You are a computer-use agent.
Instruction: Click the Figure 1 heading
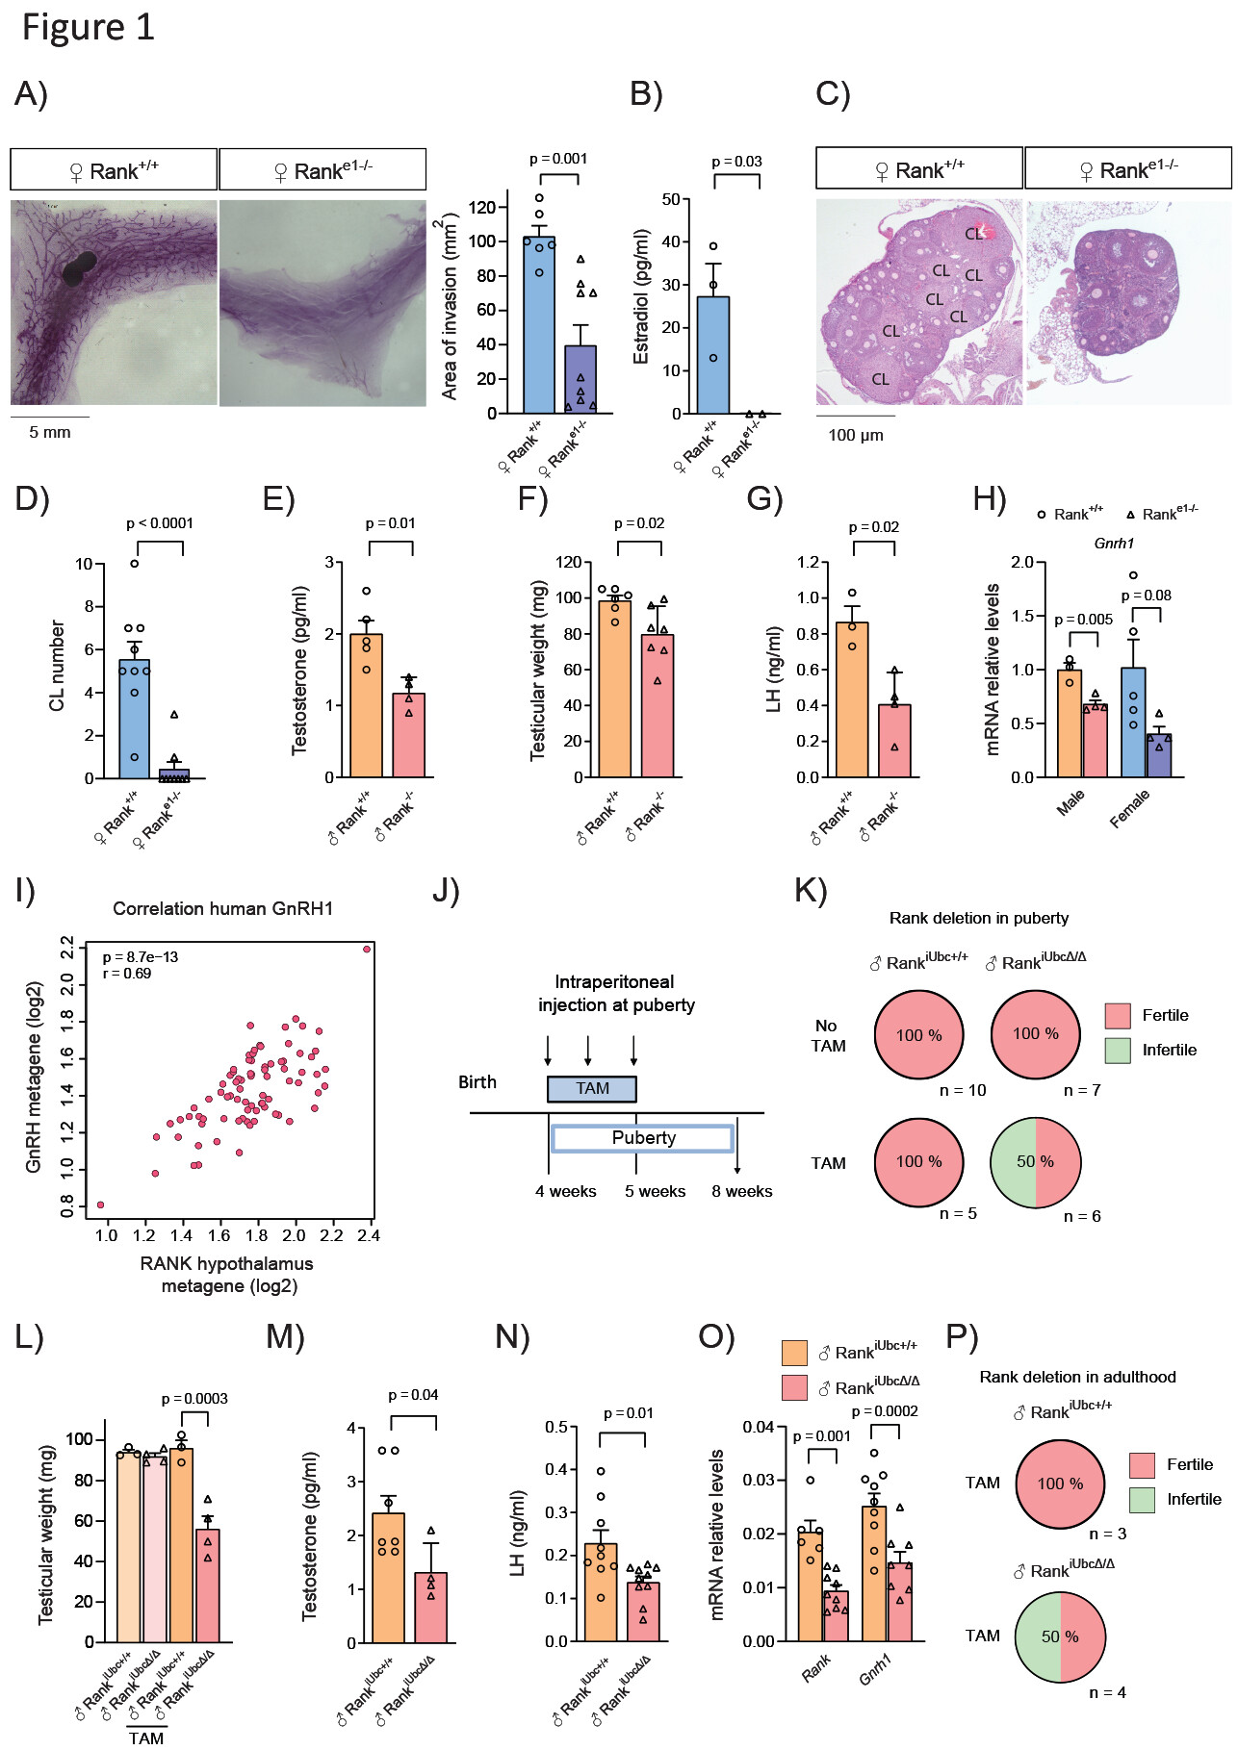(x=88, y=28)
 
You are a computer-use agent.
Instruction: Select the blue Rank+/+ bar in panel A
(x=539, y=324)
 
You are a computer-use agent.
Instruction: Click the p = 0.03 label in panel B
(x=736, y=162)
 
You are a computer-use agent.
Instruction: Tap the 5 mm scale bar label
(x=50, y=433)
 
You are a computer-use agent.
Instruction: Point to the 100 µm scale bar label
(x=855, y=435)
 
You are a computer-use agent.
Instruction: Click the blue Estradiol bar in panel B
(x=713, y=355)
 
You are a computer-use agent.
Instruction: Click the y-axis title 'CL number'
(x=57, y=665)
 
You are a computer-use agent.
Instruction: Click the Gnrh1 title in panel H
(x=1114, y=544)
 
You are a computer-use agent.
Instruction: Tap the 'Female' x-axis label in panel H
(x=1129, y=808)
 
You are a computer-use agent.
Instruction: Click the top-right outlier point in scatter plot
(x=367, y=950)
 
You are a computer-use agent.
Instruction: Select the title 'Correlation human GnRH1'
(x=223, y=908)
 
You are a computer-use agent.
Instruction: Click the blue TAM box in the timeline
(x=592, y=1088)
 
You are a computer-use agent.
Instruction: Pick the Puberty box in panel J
(x=643, y=1138)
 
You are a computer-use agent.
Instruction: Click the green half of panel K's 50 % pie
(x=1014, y=1161)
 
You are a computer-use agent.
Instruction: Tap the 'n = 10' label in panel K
(x=963, y=1090)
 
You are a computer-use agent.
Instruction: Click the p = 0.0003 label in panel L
(x=194, y=1399)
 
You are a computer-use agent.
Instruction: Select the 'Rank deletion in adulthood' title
(x=1077, y=1377)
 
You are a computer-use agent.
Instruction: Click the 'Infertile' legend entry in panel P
(x=1194, y=1499)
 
